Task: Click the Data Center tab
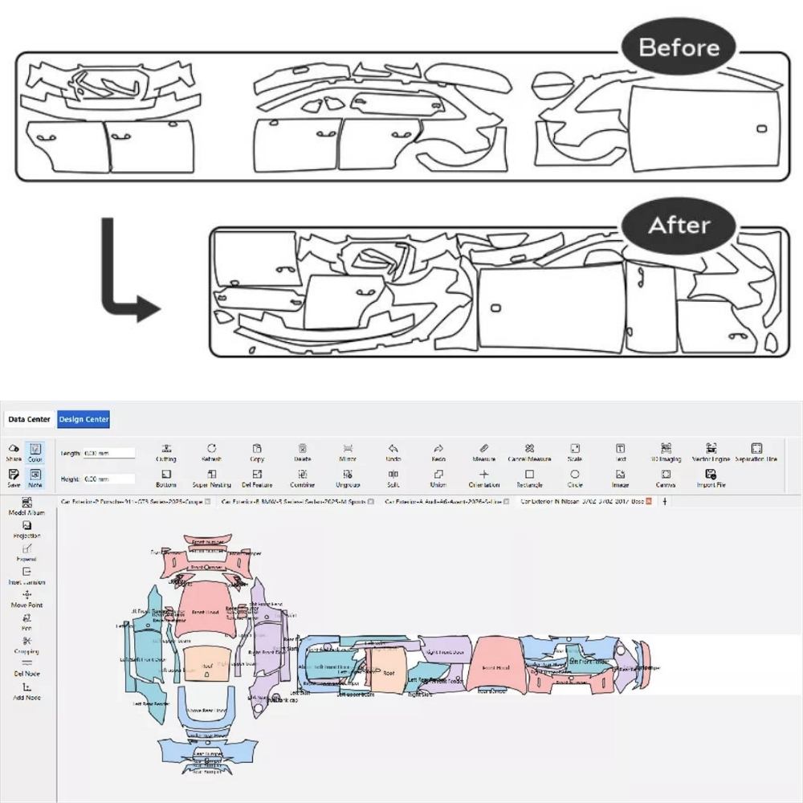[30, 419]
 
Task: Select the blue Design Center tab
[84, 419]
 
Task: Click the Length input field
[109, 454]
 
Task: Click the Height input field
[109, 479]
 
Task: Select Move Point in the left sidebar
[26, 598]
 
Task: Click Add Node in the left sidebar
[26, 691]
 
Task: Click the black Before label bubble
[679, 47]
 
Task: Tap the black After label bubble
[679, 226]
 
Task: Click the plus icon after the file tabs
[664, 501]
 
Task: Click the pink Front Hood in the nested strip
[495, 665]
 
